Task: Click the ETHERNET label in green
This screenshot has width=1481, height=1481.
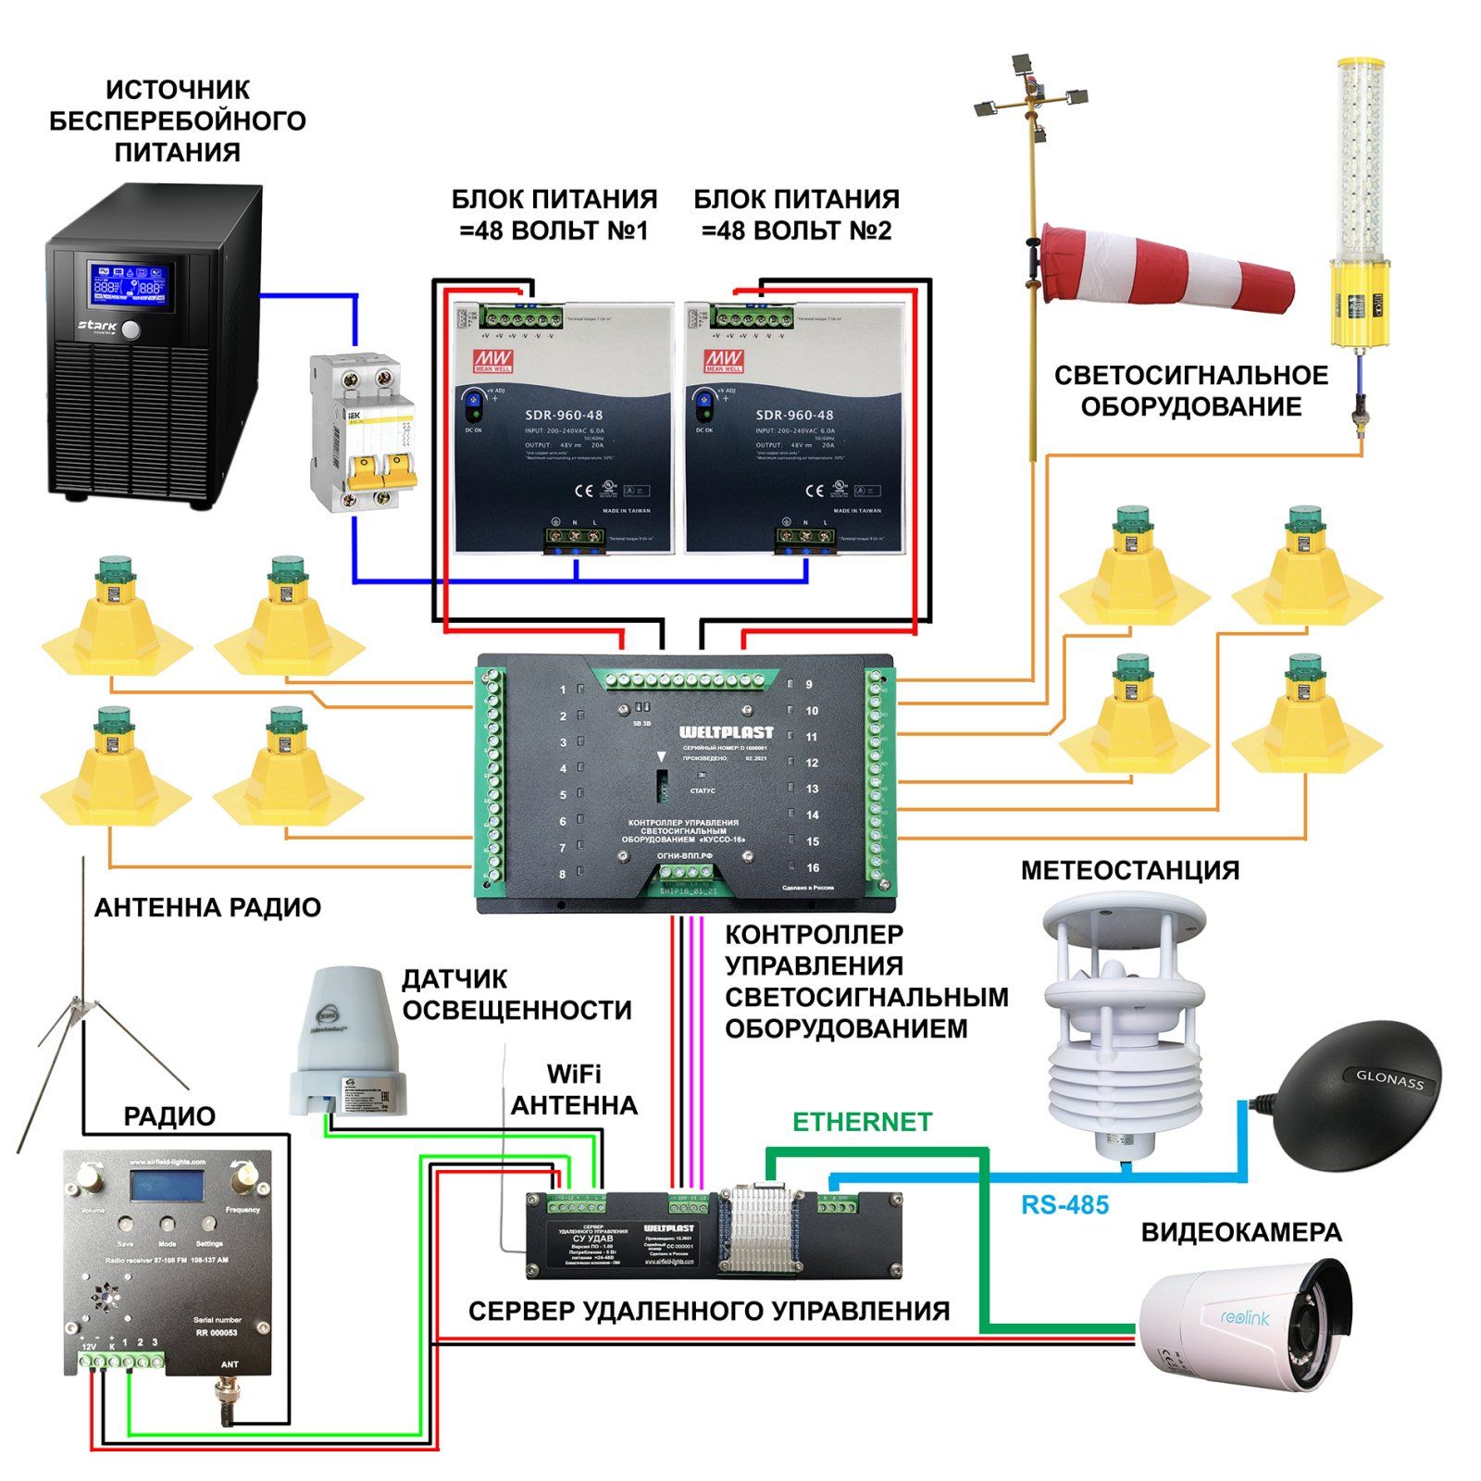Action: [862, 1123]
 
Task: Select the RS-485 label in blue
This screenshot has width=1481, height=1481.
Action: [1064, 1205]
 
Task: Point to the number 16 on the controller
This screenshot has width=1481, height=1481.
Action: [813, 867]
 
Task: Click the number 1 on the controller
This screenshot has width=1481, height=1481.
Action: [563, 690]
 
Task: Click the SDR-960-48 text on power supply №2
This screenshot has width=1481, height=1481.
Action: [794, 416]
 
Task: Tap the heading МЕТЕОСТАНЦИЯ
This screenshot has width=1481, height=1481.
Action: [1129, 871]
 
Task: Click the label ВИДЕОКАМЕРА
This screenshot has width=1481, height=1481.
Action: [1240, 1233]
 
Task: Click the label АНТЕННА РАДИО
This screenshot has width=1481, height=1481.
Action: [207, 908]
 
